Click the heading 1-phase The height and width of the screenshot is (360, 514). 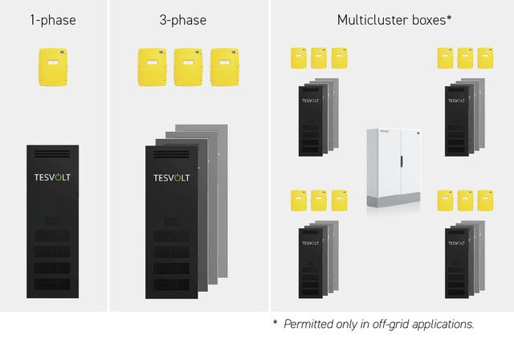(x=53, y=19)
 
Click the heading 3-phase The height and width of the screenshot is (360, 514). (x=184, y=19)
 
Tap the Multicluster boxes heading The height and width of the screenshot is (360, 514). (x=391, y=19)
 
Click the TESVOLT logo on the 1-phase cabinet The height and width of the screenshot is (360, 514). (x=53, y=178)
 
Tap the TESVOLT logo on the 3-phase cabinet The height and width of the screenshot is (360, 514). (x=171, y=178)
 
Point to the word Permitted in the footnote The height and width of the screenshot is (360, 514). (x=312, y=324)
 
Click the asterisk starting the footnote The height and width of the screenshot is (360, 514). (x=275, y=323)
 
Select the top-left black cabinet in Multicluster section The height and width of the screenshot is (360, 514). (x=309, y=120)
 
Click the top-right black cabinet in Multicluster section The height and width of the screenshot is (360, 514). (x=456, y=120)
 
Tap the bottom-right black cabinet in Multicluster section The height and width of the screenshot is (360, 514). (x=456, y=265)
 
